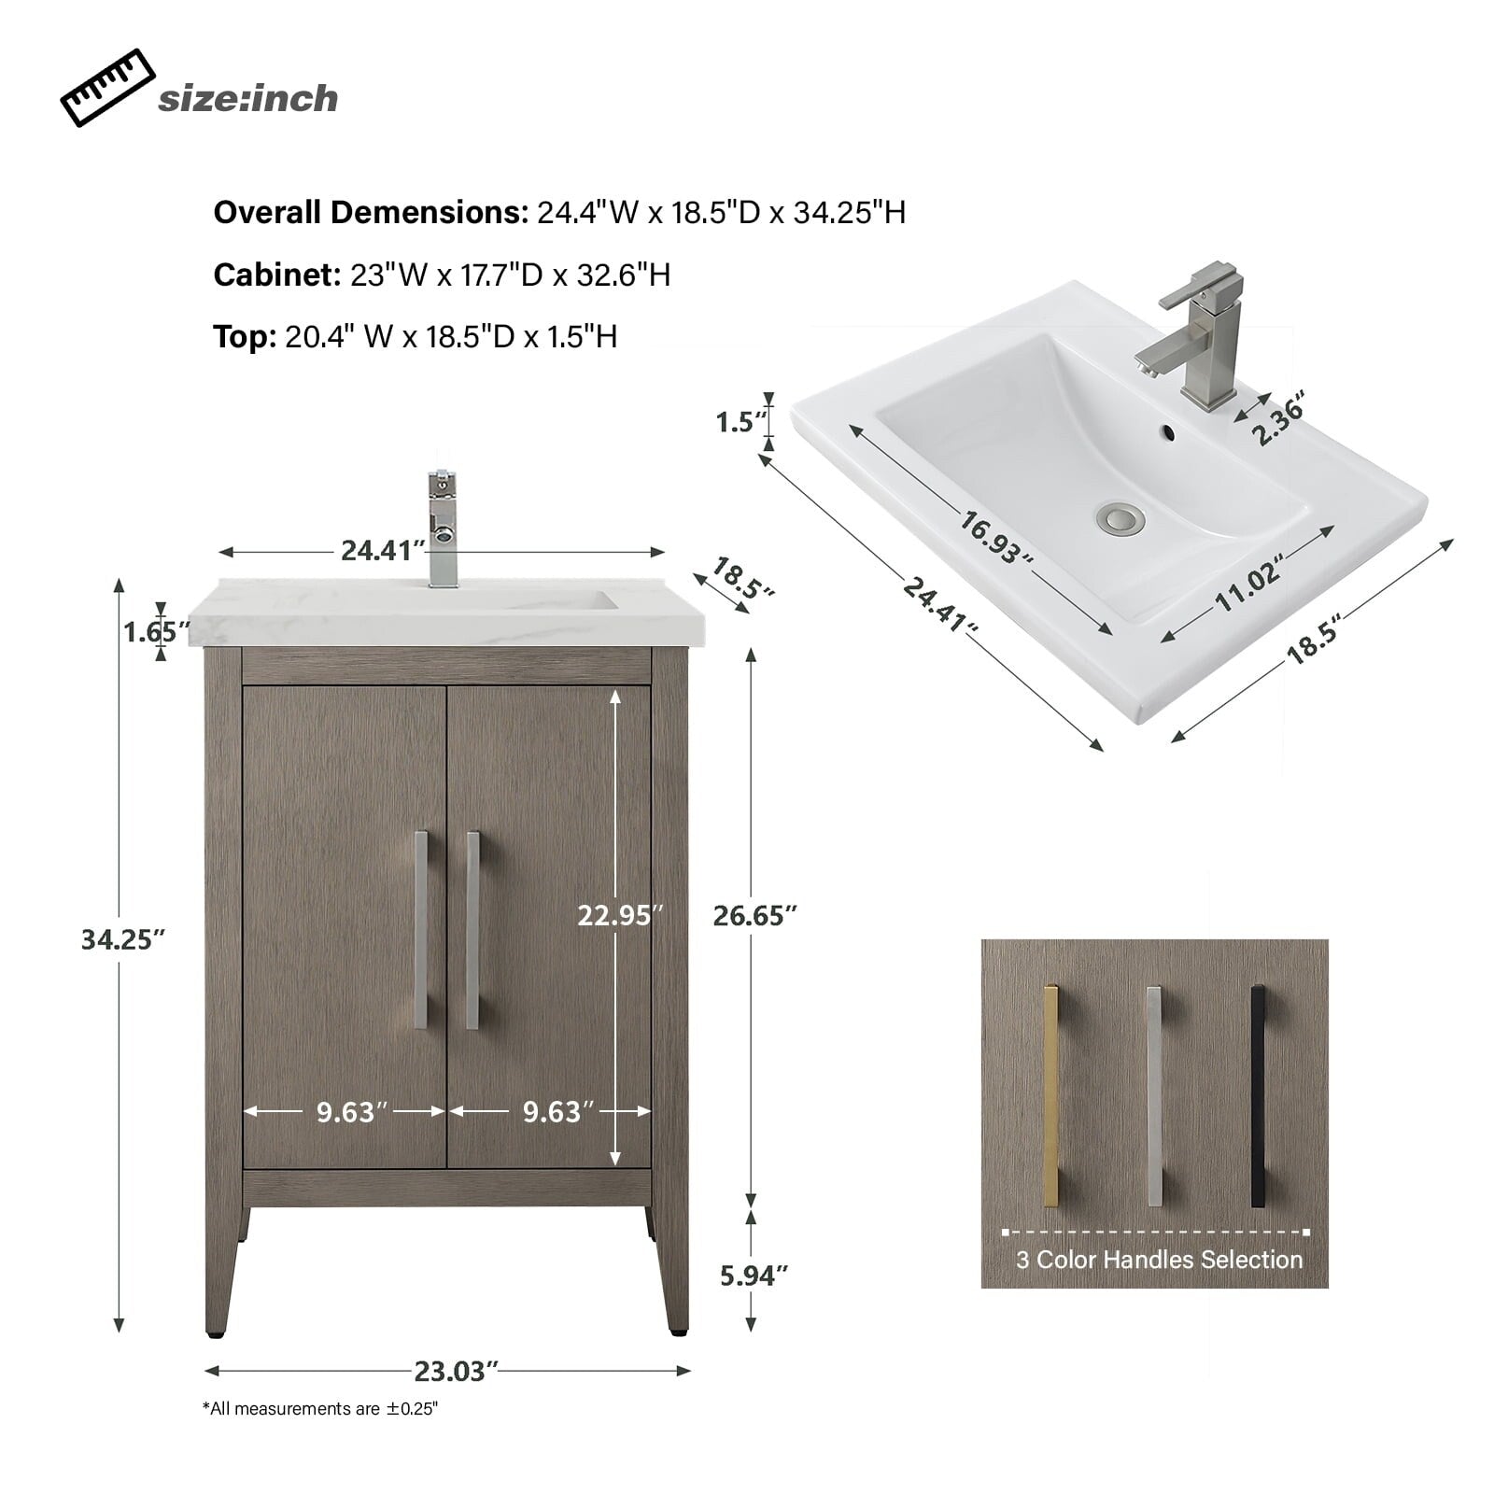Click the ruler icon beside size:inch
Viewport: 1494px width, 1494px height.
(x=106, y=88)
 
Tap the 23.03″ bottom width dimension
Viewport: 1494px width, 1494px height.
(x=452, y=1371)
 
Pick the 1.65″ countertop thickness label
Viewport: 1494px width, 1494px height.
(x=150, y=632)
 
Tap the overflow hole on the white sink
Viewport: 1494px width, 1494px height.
(x=1165, y=432)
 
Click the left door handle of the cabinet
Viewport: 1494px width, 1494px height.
(x=421, y=929)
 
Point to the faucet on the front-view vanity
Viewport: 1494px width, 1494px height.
(x=443, y=529)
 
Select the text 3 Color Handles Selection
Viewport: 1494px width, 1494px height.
(x=1159, y=1260)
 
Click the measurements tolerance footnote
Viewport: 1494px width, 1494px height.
(x=320, y=1409)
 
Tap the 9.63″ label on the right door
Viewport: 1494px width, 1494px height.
(x=557, y=1111)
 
